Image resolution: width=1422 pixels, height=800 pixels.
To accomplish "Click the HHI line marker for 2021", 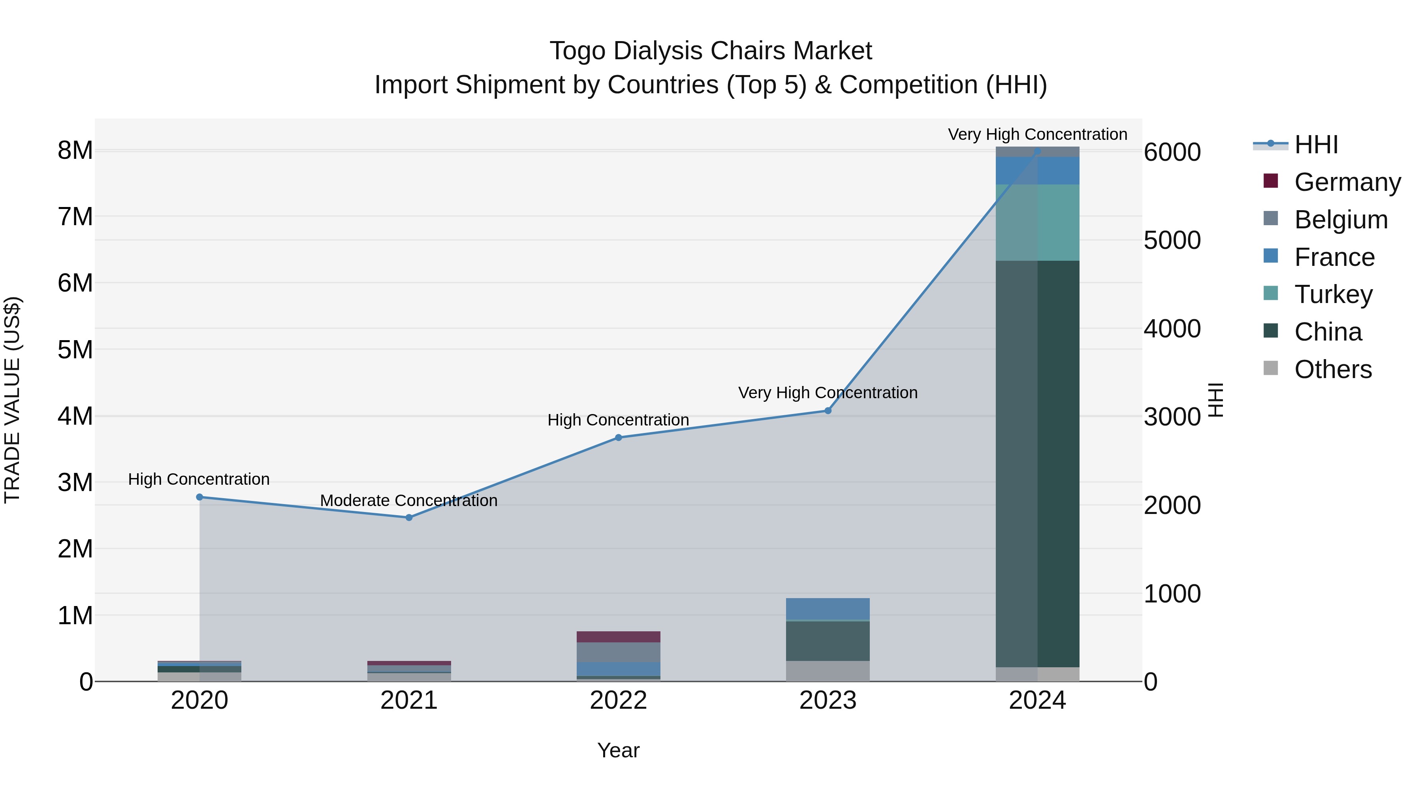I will [409, 517].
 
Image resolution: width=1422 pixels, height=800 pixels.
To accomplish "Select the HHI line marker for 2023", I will [828, 411].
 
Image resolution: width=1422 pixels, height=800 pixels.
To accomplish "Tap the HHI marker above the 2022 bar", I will [618, 437].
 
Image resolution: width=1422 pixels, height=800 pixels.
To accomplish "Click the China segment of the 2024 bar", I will [1037, 464].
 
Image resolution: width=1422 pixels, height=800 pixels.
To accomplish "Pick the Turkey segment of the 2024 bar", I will [1037, 222].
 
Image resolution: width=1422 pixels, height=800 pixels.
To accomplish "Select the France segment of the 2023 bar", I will [828, 609].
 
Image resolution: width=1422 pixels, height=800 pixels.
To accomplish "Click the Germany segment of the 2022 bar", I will [618, 636].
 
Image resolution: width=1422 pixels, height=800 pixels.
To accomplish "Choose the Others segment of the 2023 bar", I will [828, 671].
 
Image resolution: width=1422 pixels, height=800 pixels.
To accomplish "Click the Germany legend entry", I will [1347, 182].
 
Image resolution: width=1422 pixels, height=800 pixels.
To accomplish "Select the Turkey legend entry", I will [1333, 294].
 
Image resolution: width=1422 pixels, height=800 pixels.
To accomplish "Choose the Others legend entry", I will [1333, 369].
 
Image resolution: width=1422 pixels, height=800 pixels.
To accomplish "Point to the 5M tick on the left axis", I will [75, 350].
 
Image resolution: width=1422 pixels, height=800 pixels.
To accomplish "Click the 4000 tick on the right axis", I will [1172, 329].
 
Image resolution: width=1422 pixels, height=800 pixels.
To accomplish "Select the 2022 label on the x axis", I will [618, 700].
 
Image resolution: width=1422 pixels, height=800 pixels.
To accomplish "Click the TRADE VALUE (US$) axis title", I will [12, 400].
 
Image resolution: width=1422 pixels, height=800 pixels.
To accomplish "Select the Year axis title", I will [618, 750].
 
